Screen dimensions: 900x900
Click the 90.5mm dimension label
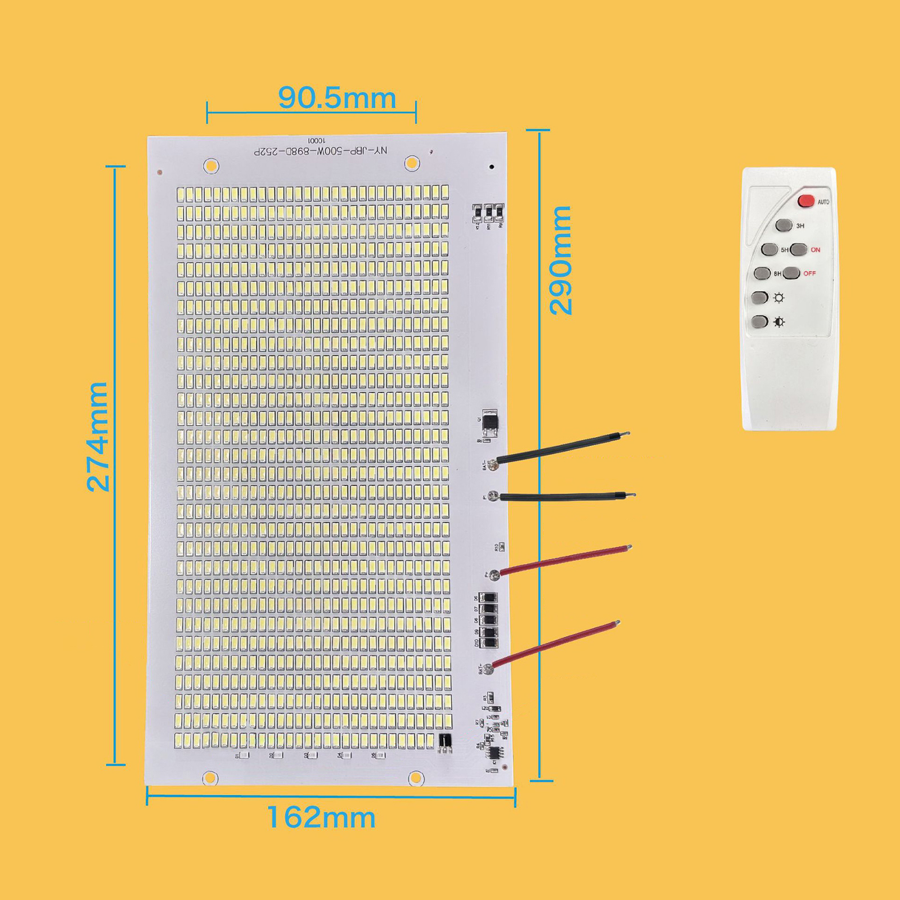point(337,98)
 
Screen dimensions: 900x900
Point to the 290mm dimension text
point(561,260)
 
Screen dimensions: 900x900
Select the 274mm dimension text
point(98,436)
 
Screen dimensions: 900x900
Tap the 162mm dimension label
point(321,817)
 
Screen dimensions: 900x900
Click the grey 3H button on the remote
point(784,226)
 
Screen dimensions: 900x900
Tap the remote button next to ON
point(799,249)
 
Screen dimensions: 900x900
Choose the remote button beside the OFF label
point(791,273)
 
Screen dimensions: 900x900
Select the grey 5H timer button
point(769,249)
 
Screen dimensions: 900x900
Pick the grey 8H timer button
point(762,273)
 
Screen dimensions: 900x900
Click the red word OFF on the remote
point(809,273)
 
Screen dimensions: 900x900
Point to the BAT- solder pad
point(493,464)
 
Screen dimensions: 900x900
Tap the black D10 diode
point(489,643)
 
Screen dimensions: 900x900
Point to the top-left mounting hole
point(211,166)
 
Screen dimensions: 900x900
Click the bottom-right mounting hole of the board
point(416,777)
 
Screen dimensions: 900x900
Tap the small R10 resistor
point(502,547)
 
